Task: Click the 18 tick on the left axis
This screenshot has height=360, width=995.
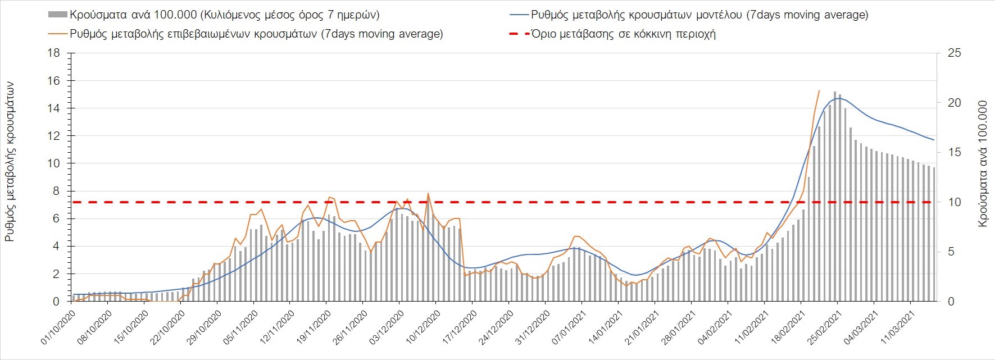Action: [54, 53]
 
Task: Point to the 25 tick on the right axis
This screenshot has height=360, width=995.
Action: [955, 53]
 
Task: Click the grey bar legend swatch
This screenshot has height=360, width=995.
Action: [58, 15]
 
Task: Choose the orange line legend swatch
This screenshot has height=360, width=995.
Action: [58, 34]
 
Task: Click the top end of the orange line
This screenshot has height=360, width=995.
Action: [819, 90]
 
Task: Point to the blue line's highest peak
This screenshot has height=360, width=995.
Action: [838, 98]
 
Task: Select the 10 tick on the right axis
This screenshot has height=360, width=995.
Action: [955, 202]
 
